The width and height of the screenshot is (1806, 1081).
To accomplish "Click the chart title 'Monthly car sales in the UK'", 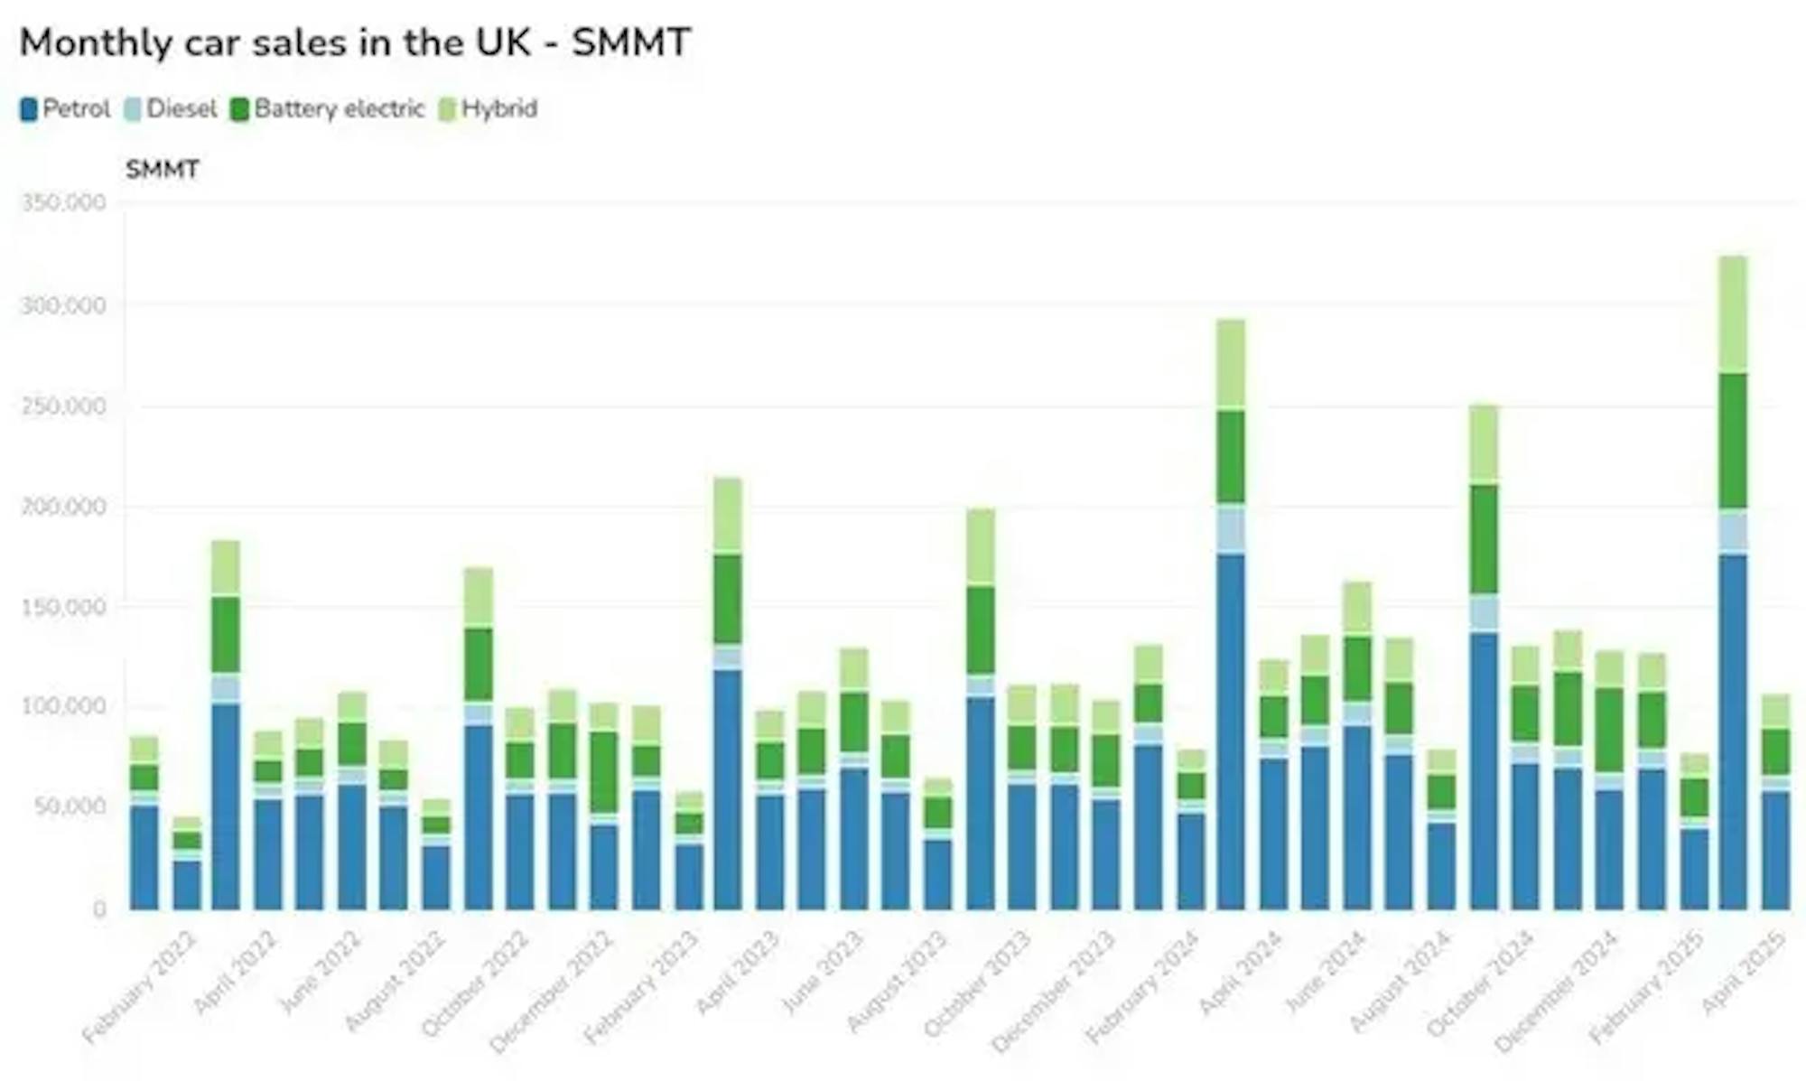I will pyautogui.click(x=355, y=42).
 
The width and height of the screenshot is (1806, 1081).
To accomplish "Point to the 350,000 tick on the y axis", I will pyautogui.click(x=62, y=202).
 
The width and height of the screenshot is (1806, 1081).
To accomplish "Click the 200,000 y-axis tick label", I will pyautogui.click(x=62, y=507).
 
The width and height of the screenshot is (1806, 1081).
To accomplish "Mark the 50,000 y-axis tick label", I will pyautogui.click(x=69, y=806).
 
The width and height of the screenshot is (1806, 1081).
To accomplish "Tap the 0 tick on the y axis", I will pyautogui.click(x=99, y=909).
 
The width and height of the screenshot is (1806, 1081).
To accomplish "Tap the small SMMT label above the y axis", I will pyautogui.click(x=162, y=170).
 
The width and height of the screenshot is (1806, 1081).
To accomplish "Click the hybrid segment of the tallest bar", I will pyautogui.click(x=1732, y=314).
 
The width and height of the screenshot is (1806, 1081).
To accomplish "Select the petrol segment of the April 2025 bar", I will pyautogui.click(x=1775, y=849).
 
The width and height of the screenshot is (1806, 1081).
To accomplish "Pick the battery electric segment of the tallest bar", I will pyautogui.click(x=1732, y=441).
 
